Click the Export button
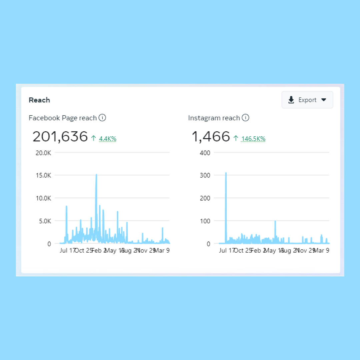[307, 100]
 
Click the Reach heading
[39, 100]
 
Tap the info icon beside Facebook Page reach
[102, 118]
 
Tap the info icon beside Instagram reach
[246, 118]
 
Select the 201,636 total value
[60, 137]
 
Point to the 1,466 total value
[211, 137]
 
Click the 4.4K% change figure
[107, 139]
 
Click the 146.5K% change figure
[253, 139]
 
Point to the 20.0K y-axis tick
[43, 153]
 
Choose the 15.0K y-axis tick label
[43, 175]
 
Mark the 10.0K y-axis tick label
[43, 198]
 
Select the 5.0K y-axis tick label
[44, 221]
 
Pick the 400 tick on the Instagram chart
[205, 153]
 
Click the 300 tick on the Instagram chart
[205, 175]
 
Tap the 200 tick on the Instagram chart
[205, 198]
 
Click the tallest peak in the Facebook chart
[96, 175]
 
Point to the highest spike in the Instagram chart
[226, 173]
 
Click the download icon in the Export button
[291, 100]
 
